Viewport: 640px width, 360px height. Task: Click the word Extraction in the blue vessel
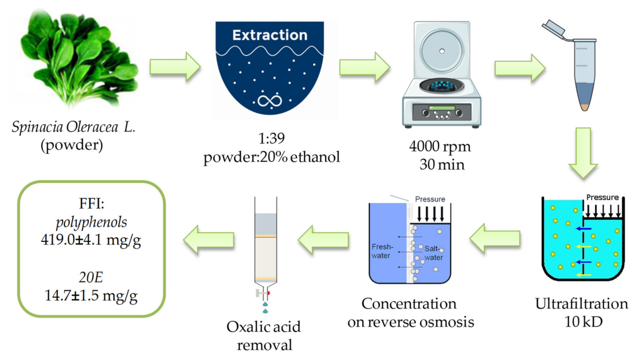click(270, 35)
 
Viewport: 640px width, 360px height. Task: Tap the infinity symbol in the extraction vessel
click(270, 101)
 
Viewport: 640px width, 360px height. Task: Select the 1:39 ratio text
click(271, 138)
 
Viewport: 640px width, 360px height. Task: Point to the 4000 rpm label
click(440, 146)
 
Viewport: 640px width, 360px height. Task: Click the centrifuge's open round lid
click(442, 51)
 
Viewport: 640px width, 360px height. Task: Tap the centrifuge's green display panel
click(442, 108)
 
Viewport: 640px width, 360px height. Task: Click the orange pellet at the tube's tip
click(585, 107)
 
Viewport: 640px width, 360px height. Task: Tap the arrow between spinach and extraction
click(175, 66)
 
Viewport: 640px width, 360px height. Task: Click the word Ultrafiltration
click(581, 304)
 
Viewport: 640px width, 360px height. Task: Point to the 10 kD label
click(583, 322)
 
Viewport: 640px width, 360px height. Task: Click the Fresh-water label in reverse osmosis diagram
click(381, 251)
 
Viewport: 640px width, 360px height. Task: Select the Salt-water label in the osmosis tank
click(433, 253)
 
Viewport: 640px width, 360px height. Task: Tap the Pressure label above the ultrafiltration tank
click(602, 198)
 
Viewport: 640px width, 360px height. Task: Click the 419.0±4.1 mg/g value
click(91, 240)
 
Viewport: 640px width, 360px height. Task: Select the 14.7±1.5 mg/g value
click(91, 295)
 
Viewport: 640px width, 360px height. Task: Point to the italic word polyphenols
click(91, 222)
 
